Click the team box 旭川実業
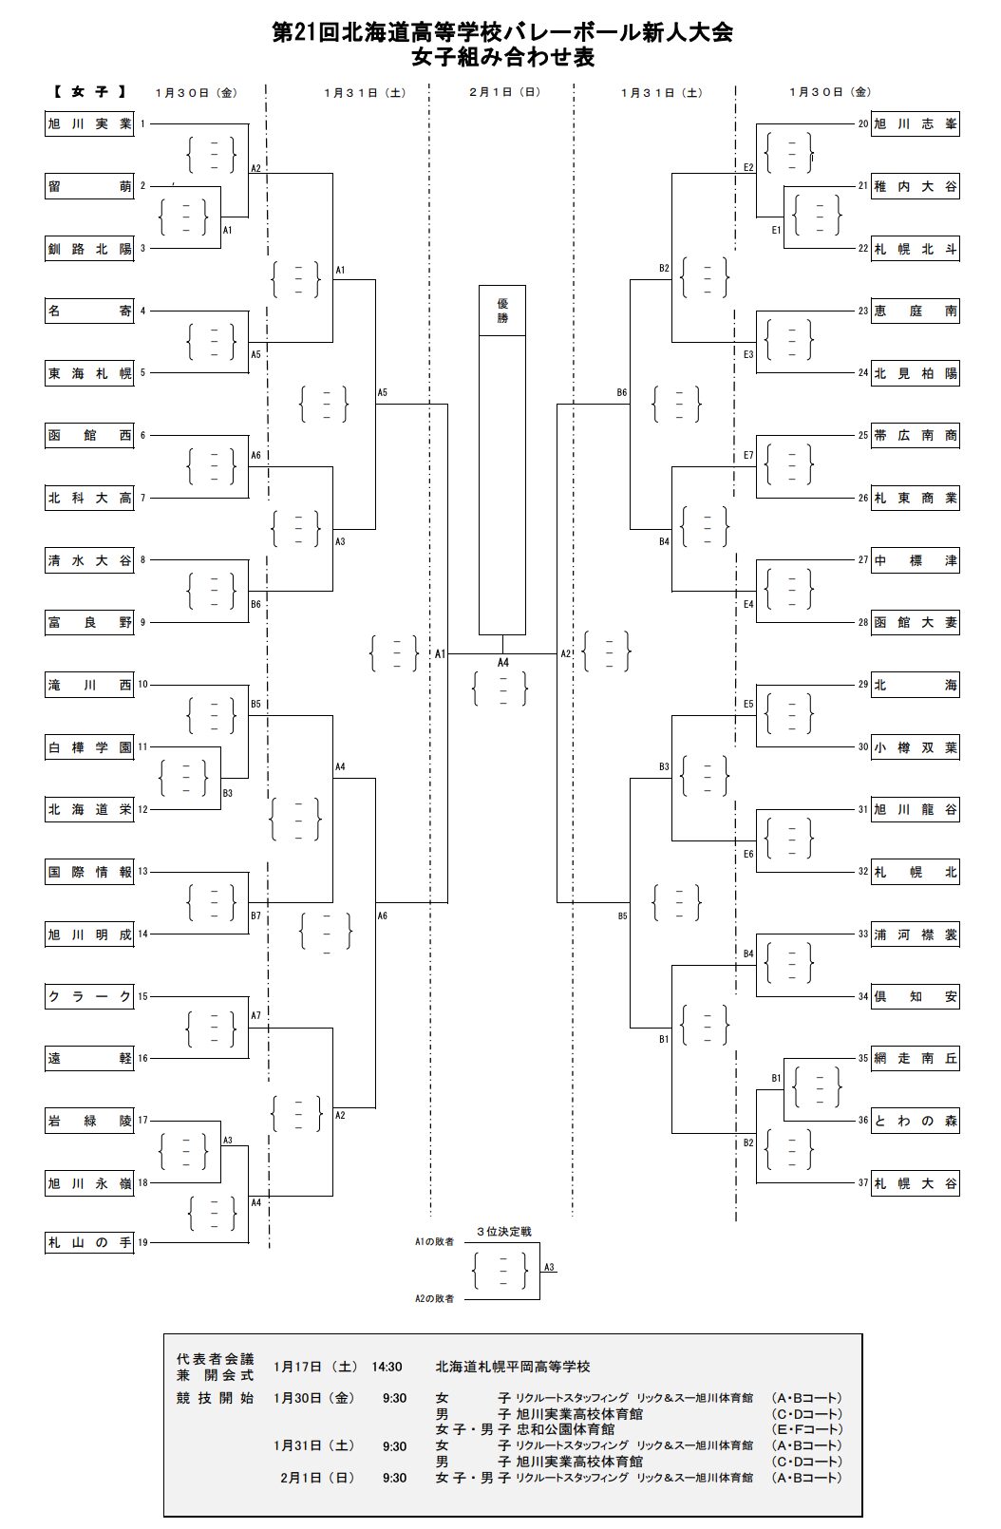89,124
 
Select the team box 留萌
89,186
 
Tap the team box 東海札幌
89,373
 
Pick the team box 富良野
89,623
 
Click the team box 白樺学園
89,747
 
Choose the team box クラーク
89,996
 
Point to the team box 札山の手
89,1242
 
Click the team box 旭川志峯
916,124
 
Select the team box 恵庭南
916,311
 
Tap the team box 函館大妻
916,623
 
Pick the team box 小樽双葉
916,747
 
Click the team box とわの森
916,1121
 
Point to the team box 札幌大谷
916,1183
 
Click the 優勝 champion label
502,311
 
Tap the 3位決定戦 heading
503,1232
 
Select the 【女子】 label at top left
88,92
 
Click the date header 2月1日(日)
504,92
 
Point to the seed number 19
142,1242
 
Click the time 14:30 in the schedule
387,1367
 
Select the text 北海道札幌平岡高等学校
513,1367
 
